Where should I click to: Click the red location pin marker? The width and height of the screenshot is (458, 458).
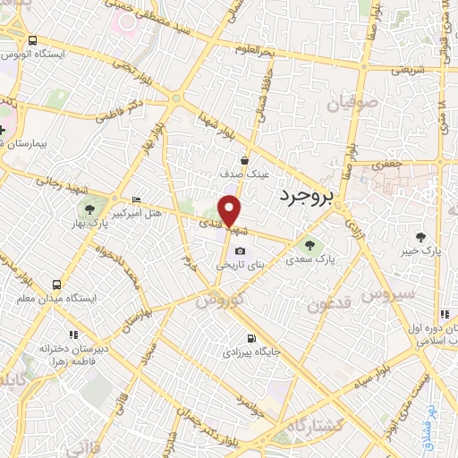coord(231,210)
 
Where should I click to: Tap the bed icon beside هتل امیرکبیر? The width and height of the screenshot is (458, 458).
coord(136,199)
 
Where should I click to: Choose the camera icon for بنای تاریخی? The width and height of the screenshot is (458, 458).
coord(240,250)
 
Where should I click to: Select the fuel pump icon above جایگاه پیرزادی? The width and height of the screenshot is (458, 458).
coord(250,338)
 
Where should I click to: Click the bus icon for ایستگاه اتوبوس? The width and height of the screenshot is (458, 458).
coord(33,41)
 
